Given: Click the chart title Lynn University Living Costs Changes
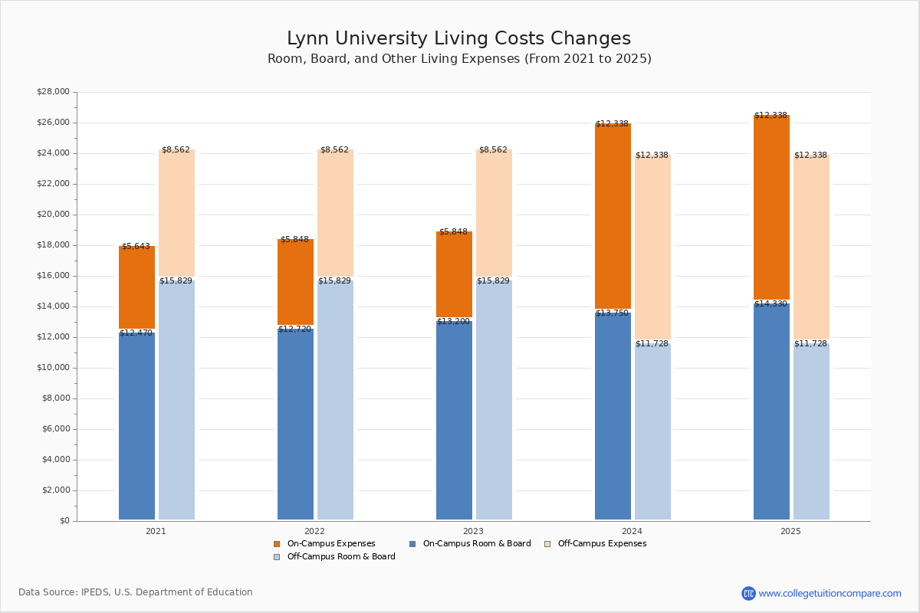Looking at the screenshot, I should click(458, 39).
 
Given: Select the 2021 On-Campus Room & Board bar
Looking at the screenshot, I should click(136, 425).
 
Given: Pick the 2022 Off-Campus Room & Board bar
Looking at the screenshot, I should click(335, 398).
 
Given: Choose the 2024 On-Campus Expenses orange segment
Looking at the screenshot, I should click(613, 217).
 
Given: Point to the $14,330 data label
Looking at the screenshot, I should click(770, 304).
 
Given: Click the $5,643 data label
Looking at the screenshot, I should click(136, 247).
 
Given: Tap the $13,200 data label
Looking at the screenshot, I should click(453, 322).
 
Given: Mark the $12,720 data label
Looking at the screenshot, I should click(294, 329).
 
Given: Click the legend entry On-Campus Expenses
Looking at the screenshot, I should click(330, 544).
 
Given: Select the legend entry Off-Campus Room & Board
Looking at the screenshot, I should click(340, 557).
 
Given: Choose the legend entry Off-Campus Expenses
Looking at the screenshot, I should click(601, 544).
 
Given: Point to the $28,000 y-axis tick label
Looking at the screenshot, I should click(53, 92).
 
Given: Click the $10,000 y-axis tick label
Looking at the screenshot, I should click(53, 368).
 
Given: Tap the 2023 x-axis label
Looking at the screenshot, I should click(473, 531).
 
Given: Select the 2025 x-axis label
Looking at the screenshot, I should click(790, 531).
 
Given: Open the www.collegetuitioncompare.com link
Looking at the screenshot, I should click(830, 593).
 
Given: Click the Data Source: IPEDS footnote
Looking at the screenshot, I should click(136, 592).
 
